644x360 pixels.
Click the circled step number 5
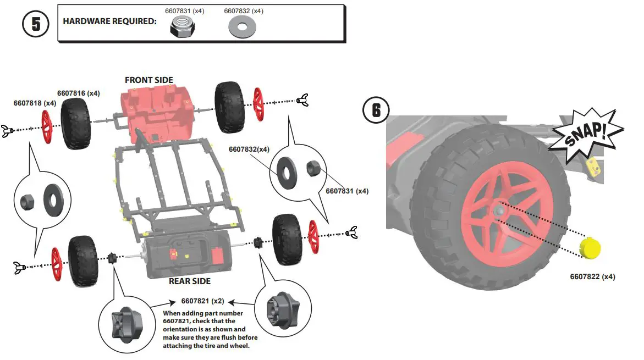(x=36, y=25)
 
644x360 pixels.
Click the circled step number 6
(x=376, y=110)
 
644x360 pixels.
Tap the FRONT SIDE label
(x=148, y=80)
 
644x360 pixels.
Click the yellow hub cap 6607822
(x=591, y=248)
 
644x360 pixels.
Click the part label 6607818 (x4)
(x=35, y=103)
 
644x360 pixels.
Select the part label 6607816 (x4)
(x=79, y=93)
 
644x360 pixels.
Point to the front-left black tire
(x=75, y=124)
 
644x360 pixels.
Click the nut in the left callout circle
(x=28, y=202)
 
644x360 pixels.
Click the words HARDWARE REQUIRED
(x=110, y=21)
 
